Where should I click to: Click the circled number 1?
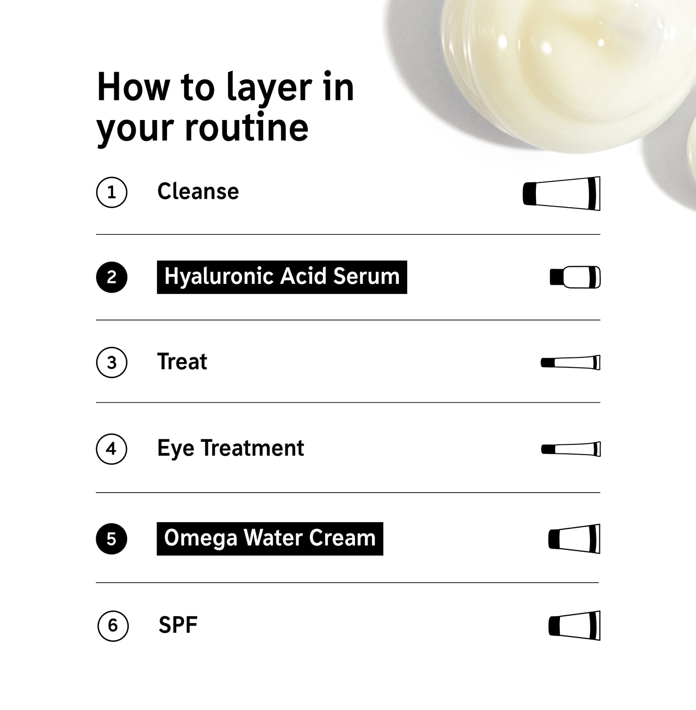(x=112, y=192)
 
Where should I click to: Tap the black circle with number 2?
(x=112, y=277)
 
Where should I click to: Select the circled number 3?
(x=112, y=362)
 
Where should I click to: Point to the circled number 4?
(x=112, y=448)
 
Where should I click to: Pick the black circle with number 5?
(x=112, y=539)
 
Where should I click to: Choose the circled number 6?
(x=113, y=626)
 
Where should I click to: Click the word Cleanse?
(x=198, y=191)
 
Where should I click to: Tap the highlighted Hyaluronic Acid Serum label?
(x=282, y=277)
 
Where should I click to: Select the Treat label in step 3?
(x=182, y=362)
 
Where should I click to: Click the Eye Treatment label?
(x=231, y=449)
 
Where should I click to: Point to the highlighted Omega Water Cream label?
(x=270, y=539)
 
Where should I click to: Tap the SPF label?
(x=178, y=625)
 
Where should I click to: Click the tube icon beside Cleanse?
(x=562, y=193)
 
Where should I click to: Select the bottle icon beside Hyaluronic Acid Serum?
(x=575, y=277)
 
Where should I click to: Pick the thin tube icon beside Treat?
(x=571, y=362)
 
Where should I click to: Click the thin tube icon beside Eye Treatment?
(x=571, y=449)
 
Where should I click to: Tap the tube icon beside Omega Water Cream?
(x=575, y=539)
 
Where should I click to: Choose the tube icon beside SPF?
(x=575, y=626)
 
